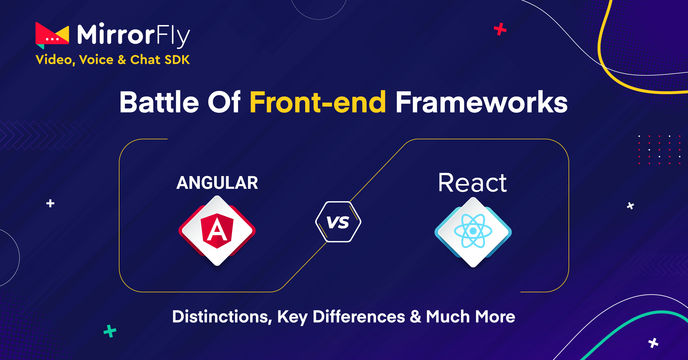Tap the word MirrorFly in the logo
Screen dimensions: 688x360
pos(134,35)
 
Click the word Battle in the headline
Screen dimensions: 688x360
pos(159,102)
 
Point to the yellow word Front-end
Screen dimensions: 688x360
pos(318,102)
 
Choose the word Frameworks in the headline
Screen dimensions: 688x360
pos(482,102)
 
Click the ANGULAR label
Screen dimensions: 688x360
pos(217,183)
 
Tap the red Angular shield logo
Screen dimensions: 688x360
pos(217,231)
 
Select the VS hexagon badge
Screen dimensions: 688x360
pos(338,222)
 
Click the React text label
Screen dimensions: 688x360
pos(473,182)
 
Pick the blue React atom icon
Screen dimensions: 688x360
pos(473,231)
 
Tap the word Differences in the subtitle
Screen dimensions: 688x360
pos(359,317)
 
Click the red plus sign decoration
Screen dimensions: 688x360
pos(500,29)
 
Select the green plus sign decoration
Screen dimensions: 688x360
pos(110,331)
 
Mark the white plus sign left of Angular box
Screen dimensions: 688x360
pos(50,203)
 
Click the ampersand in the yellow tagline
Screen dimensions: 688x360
pos(122,60)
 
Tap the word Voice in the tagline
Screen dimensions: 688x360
pos(96,60)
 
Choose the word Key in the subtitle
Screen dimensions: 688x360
pos(292,317)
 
